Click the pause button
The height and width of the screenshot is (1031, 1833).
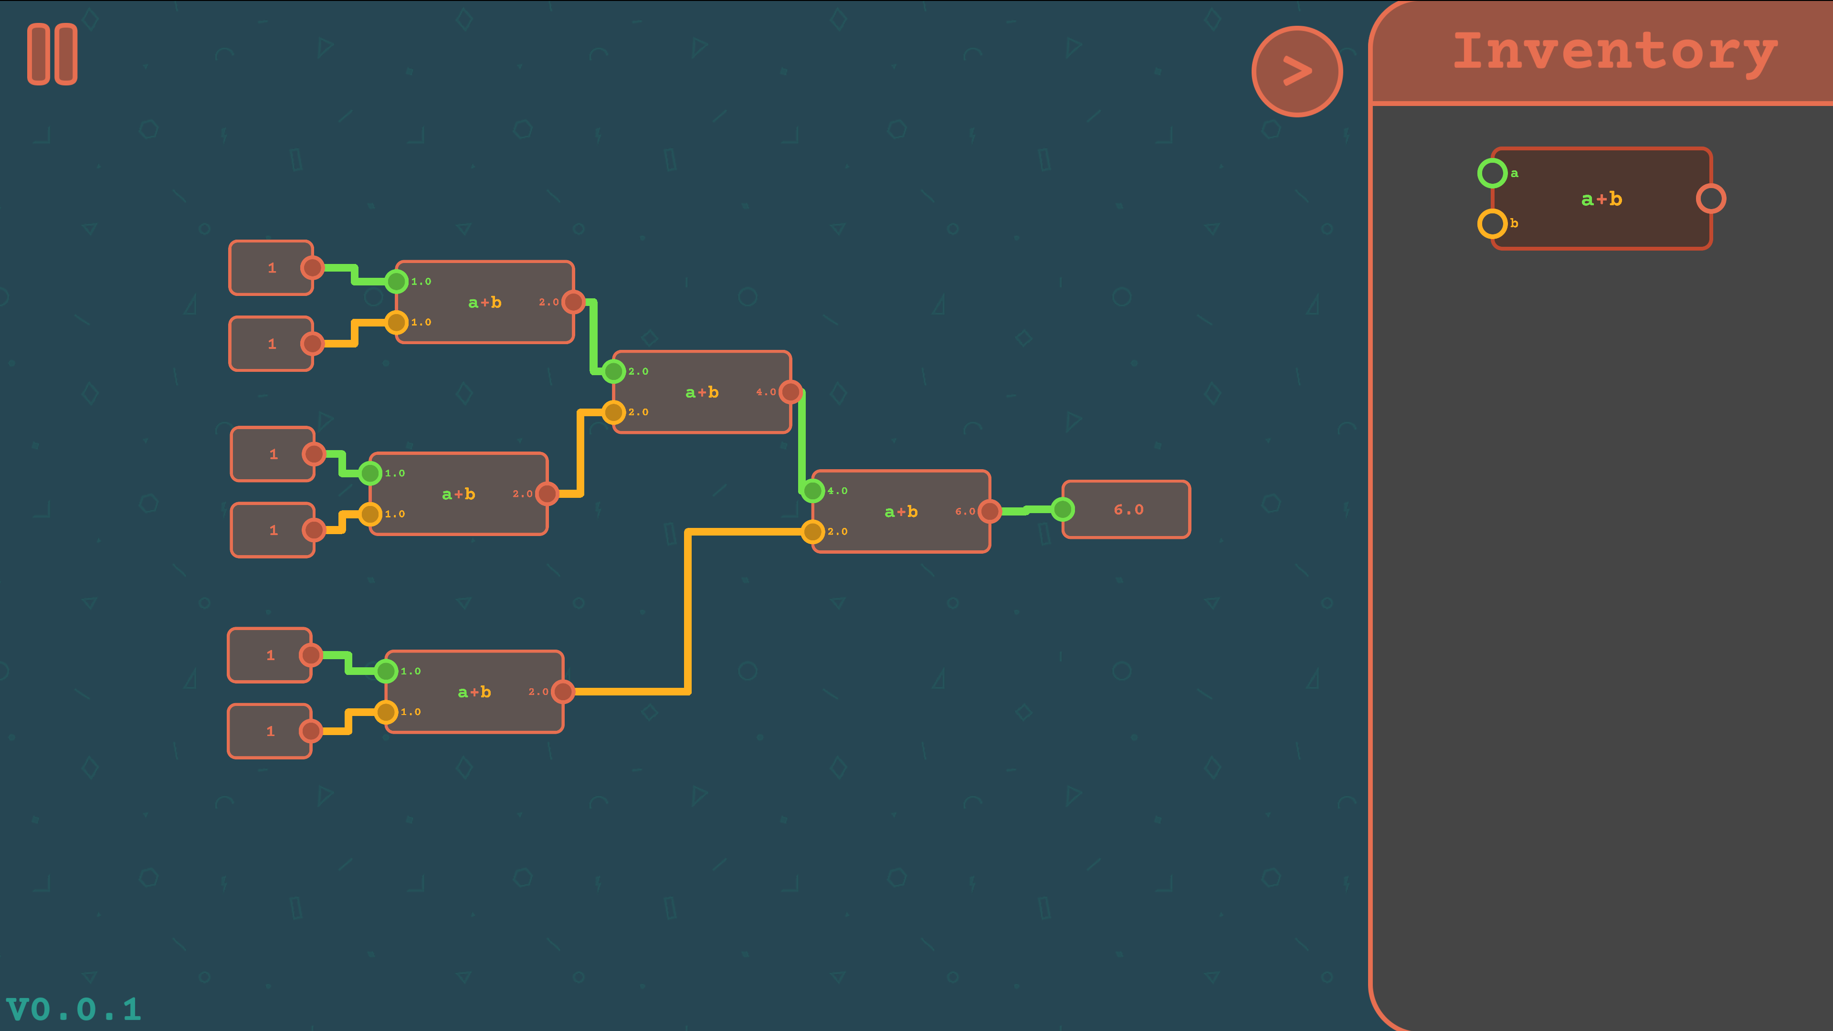(52, 54)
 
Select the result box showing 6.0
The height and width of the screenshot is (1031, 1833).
(1127, 509)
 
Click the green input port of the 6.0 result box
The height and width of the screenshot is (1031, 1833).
(1063, 509)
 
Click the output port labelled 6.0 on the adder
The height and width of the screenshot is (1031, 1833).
(990, 511)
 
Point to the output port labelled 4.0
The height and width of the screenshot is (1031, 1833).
(790, 391)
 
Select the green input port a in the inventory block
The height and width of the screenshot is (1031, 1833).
(1492, 173)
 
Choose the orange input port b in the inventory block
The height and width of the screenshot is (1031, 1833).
(1492, 223)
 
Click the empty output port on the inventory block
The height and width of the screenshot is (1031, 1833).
(1711, 199)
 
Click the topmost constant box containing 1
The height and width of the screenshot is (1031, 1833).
(271, 267)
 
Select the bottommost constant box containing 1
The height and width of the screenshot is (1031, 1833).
(270, 731)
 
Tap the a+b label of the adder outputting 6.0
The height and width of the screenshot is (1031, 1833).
(901, 512)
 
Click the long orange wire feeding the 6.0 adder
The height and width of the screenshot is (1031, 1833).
(688, 610)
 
